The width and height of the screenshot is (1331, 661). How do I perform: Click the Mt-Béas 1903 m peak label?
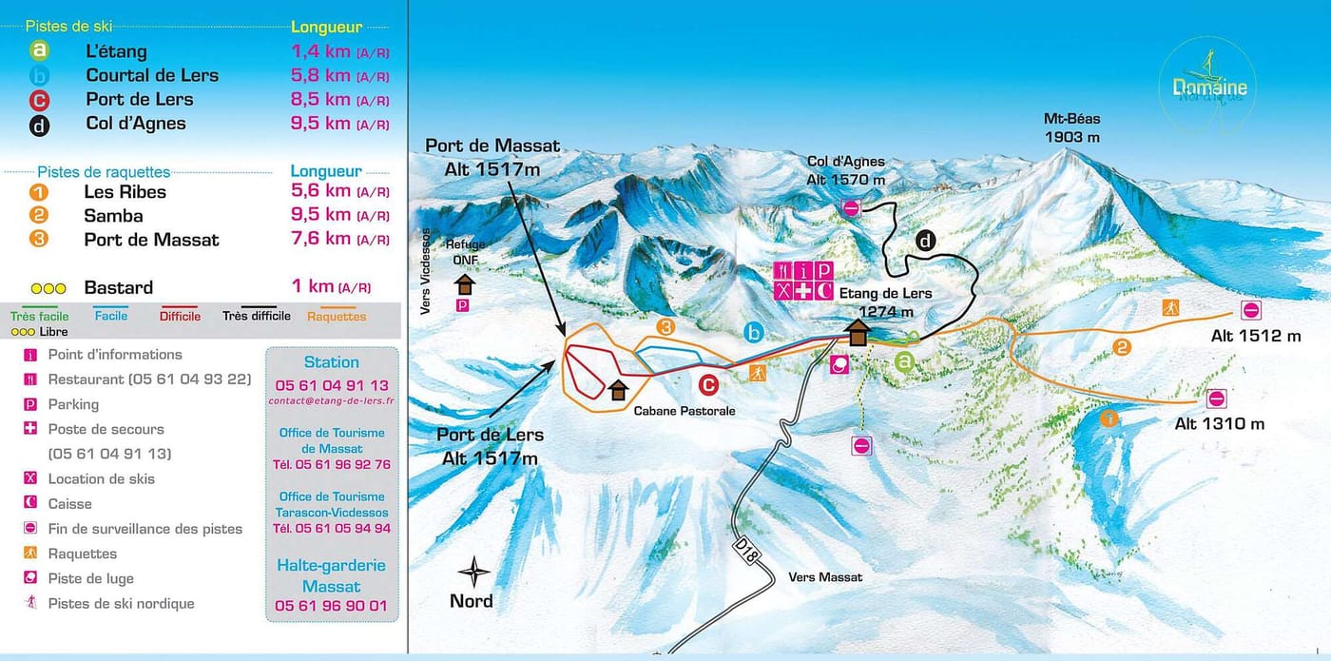click(x=1071, y=127)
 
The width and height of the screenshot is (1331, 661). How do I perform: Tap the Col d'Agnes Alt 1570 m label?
click(x=845, y=170)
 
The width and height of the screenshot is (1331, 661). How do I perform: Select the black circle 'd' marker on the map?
click(x=925, y=241)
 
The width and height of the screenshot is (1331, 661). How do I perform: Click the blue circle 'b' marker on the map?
click(x=754, y=332)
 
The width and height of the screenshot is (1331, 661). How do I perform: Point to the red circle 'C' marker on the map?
click(x=707, y=385)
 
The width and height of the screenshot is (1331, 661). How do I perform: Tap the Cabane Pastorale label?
click(x=685, y=411)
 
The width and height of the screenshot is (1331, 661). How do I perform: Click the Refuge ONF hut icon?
click(x=464, y=284)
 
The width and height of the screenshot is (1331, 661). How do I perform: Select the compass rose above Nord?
click(x=473, y=573)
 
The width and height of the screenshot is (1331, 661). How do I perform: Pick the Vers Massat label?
click(x=825, y=577)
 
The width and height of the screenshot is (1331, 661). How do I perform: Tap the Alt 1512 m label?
click(x=1255, y=336)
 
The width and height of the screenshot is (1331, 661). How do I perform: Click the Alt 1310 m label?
click(x=1220, y=424)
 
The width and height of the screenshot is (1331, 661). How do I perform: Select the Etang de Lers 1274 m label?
click(x=885, y=302)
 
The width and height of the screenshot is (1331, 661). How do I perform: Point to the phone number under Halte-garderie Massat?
click(x=331, y=606)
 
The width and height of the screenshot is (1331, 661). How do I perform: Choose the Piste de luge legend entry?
click(x=90, y=578)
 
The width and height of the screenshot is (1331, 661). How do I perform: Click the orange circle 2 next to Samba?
click(x=38, y=215)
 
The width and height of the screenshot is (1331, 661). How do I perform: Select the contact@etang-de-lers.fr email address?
click(x=331, y=401)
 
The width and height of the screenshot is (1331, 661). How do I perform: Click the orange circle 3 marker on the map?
click(x=666, y=327)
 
